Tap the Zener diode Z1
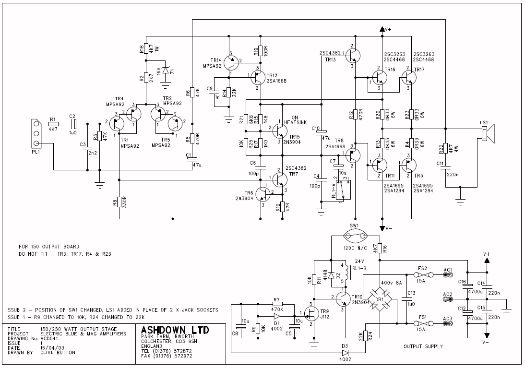tap(166, 71)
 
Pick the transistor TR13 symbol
tap(352, 56)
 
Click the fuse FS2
tap(421, 275)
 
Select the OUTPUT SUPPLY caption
tap(422, 346)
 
